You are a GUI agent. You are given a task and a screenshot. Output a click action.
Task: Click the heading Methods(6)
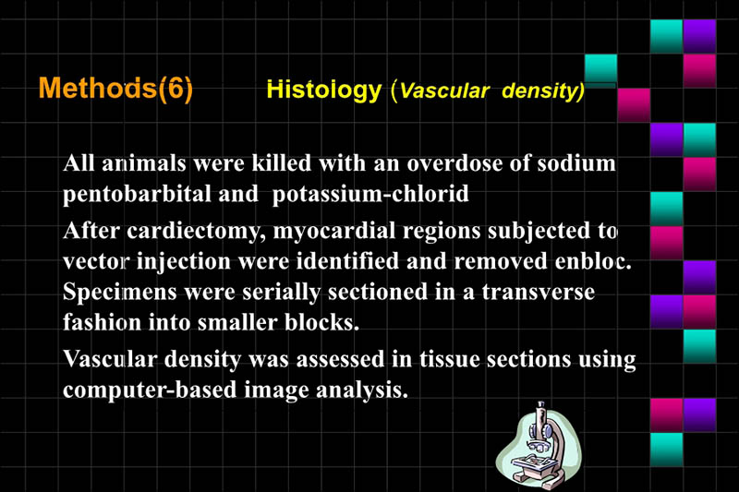click(x=115, y=89)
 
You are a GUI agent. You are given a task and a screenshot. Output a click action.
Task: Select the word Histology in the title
click(x=323, y=90)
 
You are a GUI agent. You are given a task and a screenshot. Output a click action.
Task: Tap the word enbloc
click(x=588, y=260)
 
